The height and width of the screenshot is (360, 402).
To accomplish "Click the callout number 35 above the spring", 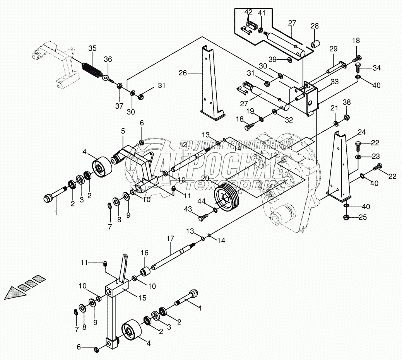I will (x=92, y=48).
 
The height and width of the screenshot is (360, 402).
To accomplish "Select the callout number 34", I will (x=376, y=68).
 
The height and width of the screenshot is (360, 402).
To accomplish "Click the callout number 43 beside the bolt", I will (x=188, y=209).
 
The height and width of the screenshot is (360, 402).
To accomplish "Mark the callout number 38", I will (x=347, y=102).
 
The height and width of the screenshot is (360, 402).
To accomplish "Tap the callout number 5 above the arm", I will (x=123, y=131).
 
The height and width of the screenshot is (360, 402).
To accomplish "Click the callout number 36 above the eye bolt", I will (x=108, y=59).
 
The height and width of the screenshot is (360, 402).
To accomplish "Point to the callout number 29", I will (x=333, y=49).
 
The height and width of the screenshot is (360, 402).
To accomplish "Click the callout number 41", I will (x=262, y=13).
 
